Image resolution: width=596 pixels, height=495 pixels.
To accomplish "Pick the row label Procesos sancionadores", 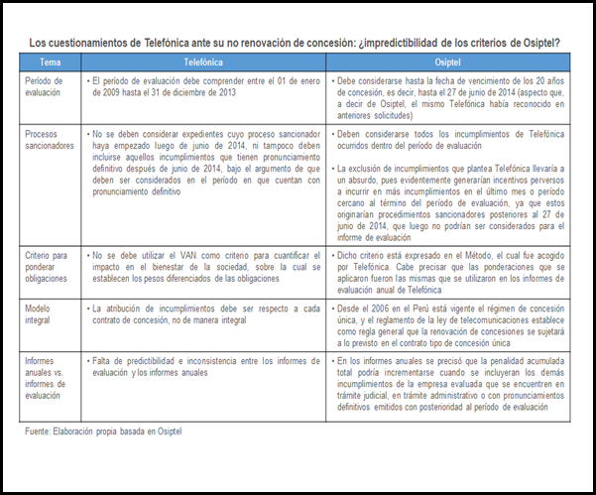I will pos(51,138).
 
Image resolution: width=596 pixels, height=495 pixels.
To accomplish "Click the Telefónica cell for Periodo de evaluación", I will pos(203,86).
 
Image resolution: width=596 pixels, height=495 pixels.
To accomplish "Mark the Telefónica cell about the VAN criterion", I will pos(203,266).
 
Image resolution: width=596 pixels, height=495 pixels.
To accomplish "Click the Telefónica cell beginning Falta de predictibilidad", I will pos(203,366).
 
